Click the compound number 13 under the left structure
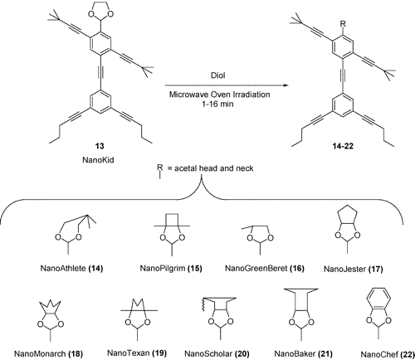pyautogui.click(x=100, y=146)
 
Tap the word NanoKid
pyautogui.click(x=98, y=160)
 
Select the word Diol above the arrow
pyautogui.click(x=217, y=75)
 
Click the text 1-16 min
pyautogui.click(x=217, y=104)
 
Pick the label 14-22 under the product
pyautogui.click(x=343, y=146)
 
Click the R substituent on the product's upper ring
pyautogui.click(x=343, y=24)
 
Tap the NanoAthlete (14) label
pyautogui.click(x=71, y=268)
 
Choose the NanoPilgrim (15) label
pyautogui.click(x=171, y=268)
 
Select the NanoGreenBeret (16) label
pyautogui.click(x=265, y=268)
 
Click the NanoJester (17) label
pyautogui.click(x=354, y=269)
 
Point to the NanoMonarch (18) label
pyautogui.click(x=48, y=353)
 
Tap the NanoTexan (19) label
pyautogui.click(x=137, y=353)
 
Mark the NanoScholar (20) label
pyautogui.click(x=217, y=353)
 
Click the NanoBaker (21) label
pyautogui.click(x=303, y=353)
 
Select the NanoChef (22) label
pyautogui.click(x=388, y=354)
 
